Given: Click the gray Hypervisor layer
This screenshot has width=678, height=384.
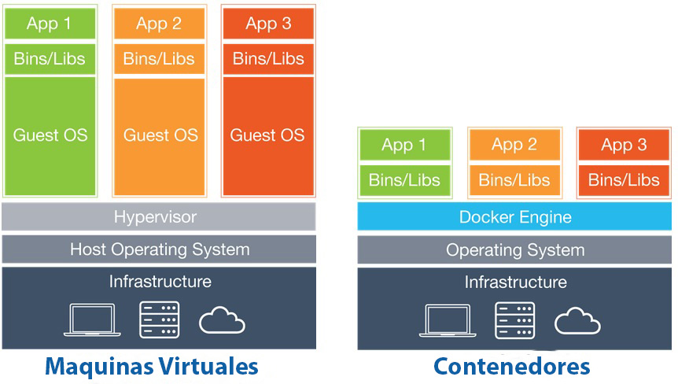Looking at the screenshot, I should [x=159, y=216].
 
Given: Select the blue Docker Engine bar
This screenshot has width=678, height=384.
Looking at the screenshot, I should [x=514, y=216].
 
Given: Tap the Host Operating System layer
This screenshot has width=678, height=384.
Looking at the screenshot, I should [x=159, y=249].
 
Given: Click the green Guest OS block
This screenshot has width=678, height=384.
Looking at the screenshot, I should [x=50, y=135].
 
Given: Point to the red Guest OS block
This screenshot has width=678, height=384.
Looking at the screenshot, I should [x=267, y=135].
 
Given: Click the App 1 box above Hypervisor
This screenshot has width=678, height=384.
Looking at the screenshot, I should [x=50, y=24].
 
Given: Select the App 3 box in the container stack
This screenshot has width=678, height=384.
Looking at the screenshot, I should [x=624, y=145].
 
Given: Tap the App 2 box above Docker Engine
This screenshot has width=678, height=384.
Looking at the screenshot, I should [x=514, y=145].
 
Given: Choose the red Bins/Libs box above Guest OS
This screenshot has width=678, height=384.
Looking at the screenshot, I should [x=267, y=59].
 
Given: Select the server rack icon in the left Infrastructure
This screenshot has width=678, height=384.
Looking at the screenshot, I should [x=159, y=319].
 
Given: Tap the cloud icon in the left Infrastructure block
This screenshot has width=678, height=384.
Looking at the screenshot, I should [x=223, y=321].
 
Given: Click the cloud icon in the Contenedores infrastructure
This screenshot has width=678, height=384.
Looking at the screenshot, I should [x=578, y=321].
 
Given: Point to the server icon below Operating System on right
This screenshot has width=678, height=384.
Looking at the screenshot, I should [x=514, y=319].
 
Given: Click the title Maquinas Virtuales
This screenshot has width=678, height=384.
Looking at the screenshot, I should [x=151, y=366].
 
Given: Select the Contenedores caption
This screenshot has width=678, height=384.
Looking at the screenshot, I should [x=511, y=366].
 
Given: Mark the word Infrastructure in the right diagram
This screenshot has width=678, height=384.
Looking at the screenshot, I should [x=514, y=282].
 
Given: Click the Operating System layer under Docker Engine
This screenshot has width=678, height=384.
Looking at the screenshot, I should [x=514, y=250].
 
